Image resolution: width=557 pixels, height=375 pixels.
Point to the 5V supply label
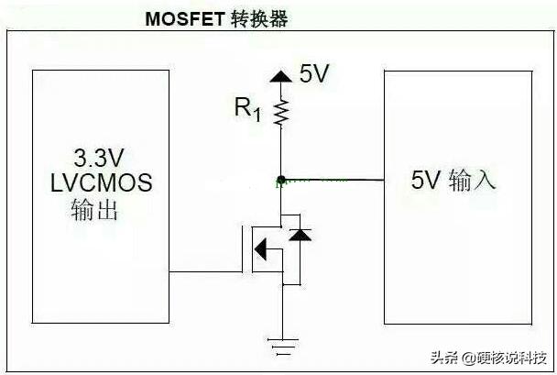[314, 74]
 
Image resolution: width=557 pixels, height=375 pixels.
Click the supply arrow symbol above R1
[281, 77]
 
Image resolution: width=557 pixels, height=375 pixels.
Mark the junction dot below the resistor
[281, 179]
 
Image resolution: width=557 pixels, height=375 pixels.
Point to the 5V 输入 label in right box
[453, 180]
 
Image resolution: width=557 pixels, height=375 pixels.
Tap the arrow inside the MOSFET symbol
[262, 248]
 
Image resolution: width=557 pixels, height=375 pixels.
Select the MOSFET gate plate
[245, 248]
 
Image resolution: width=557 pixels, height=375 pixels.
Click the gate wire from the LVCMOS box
[206, 271]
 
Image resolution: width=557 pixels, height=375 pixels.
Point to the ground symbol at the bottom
[281, 346]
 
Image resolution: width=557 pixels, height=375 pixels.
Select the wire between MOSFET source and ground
[281, 312]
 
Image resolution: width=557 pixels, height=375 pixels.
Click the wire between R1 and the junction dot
[281, 151]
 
